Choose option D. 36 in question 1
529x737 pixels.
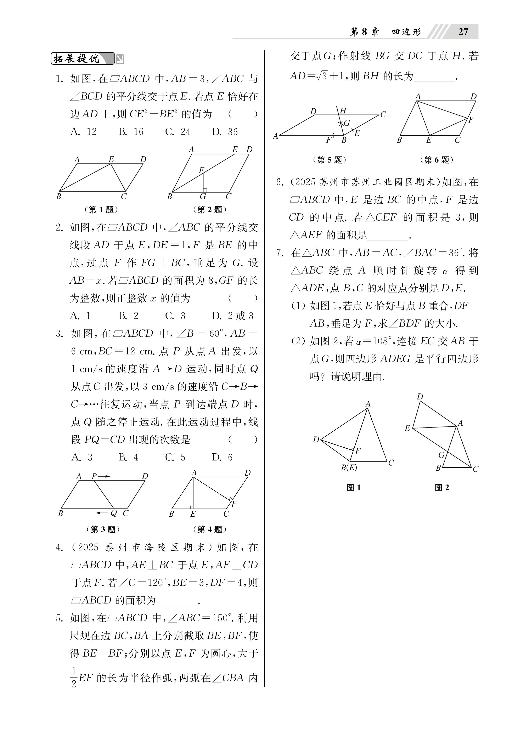click(225, 132)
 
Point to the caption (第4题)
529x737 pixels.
click(209, 529)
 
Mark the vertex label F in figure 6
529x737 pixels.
click(471, 120)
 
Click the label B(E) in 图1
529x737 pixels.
click(349, 468)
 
